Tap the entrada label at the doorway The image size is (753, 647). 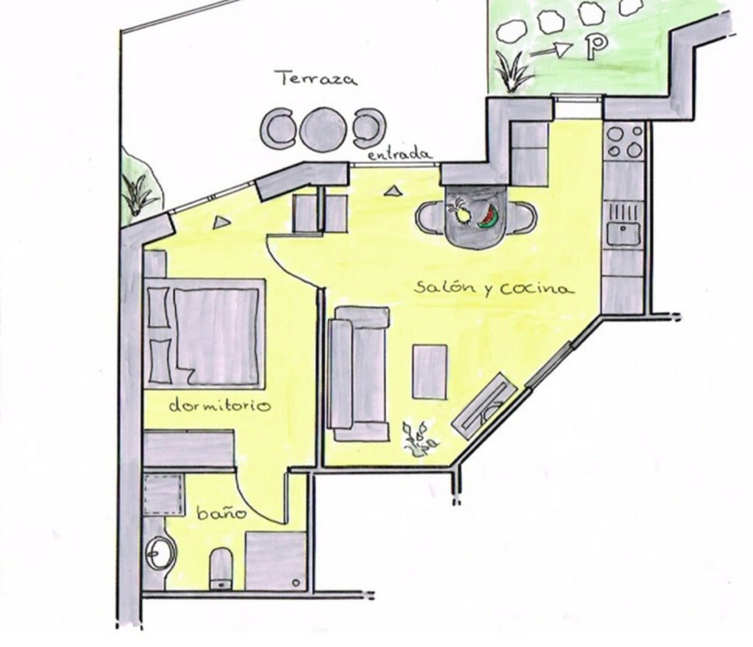400,154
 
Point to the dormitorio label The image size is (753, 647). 220,406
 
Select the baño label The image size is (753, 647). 221,513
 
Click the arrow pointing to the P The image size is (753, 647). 552,49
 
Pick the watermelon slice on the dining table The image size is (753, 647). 489,217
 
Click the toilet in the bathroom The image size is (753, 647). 221,569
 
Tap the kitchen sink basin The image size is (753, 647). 623,234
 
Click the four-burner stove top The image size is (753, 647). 624,141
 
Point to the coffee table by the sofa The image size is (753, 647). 429,371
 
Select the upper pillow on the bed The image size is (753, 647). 159,307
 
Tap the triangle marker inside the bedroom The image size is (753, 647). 221,222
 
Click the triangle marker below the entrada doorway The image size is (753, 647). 393,191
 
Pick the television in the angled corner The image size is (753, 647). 485,406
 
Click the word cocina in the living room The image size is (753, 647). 536,289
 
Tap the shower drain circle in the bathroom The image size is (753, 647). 296,583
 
